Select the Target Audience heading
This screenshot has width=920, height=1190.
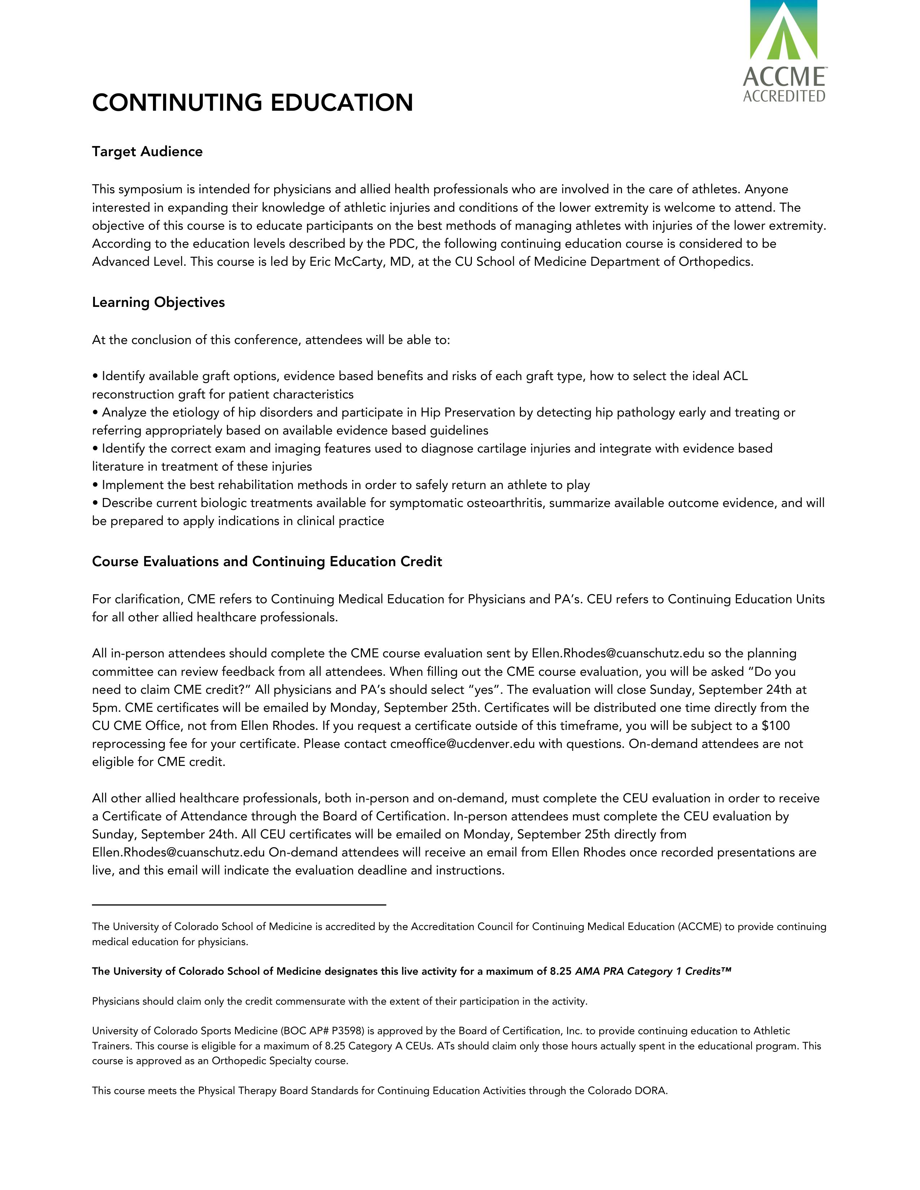pyautogui.click(x=147, y=151)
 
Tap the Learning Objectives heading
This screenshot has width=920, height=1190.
pyautogui.click(x=158, y=303)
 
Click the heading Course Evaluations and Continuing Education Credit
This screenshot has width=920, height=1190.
pyautogui.click(x=267, y=562)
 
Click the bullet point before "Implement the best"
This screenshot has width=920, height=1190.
pyautogui.click(x=95, y=485)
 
